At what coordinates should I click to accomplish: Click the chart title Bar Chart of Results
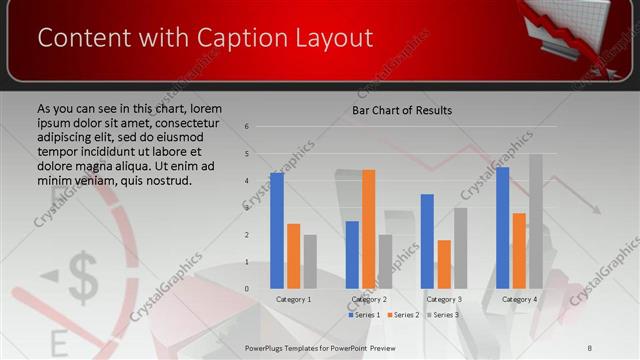click(x=402, y=110)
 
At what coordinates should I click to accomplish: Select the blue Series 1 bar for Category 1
click(x=277, y=230)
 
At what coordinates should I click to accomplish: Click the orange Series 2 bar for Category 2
click(x=369, y=229)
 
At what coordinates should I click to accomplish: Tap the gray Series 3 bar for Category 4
click(x=536, y=221)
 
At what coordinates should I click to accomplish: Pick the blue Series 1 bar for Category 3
click(x=427, y=241)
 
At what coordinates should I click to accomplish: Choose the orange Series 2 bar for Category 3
click(x=444, y=264)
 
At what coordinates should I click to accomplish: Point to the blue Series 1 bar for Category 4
click(x=502, y=227)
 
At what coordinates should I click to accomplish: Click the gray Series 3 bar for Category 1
click(x=310, y=261)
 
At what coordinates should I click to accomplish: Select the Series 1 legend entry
click(x=364, y=315)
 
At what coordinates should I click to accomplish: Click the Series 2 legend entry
click(x=402, y=315)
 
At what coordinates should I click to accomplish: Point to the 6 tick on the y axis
click(x=246, y=127)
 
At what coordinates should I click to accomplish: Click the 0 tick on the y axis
click(x=246, y=289)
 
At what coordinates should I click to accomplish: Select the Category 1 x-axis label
click(x=293, y=299)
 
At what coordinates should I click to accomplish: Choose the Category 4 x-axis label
click(x=519, y=299)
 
